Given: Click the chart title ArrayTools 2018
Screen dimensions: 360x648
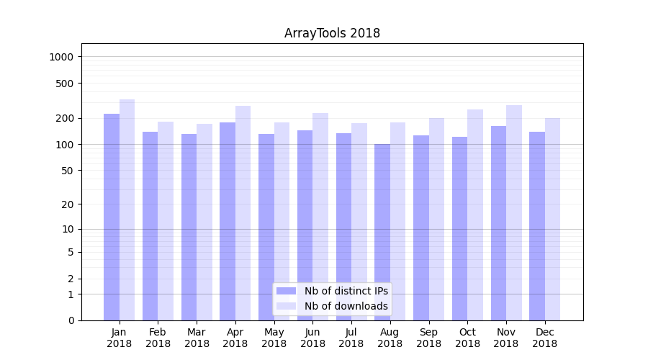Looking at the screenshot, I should [x=332, y=33].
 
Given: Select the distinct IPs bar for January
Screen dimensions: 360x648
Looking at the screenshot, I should [x=112, y=216].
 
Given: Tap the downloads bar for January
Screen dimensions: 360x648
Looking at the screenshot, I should [x=127, y=209].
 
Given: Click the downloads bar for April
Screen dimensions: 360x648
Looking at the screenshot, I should [x=243, y=212].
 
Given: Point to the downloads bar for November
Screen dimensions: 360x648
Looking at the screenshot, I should [x=514, y=212].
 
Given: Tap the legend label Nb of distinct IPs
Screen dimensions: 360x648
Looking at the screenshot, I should [x=346, y=291].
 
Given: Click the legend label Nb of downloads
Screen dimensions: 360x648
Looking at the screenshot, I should [x=346, y=306].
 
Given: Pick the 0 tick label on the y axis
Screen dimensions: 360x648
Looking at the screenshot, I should [x=71, y=320].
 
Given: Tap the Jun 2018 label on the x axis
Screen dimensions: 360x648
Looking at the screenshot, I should [x=312, y=338].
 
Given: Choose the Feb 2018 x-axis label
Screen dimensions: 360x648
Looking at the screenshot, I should [x=158, y=338].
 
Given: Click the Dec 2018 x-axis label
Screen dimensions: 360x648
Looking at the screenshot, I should [x=545, y=338].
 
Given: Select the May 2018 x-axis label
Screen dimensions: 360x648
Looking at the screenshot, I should [x=274, y=338].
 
